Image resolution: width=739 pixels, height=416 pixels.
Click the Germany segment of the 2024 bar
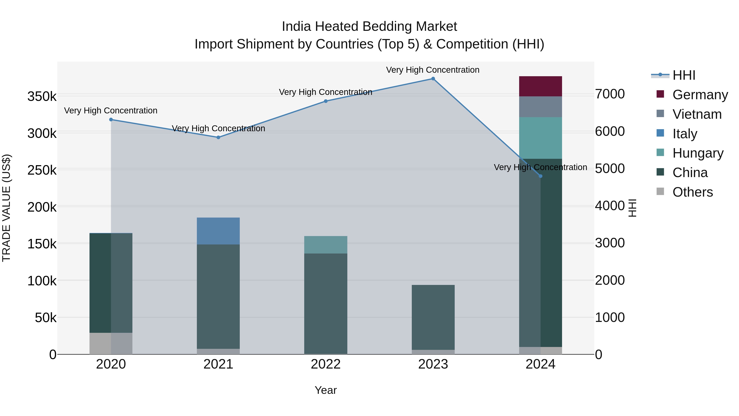pyautogui.click(x=540, y=86)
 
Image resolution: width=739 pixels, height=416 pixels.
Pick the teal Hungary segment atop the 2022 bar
pyautogui.click(x=326, y=245)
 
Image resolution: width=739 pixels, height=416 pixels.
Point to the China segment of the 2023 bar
pyautogui.click(x=433, y=317)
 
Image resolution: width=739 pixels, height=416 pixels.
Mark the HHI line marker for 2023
pyautogui.click(x=433, y=79)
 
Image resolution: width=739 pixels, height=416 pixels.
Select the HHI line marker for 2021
pyautogui.click(x=218, y=137)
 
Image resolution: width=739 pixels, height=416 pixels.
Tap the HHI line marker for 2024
pyautogui.click(x=540, y=176)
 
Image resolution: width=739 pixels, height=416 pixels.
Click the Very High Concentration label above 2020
pyautogui.click(x=111, y=111)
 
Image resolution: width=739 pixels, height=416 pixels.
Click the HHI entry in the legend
pyautogui.click(x=684, y=75)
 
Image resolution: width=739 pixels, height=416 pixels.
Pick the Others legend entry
pyautogui.click(x=692, y=192)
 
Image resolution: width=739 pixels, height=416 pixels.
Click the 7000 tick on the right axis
pyautogui.click(x=610, y=94)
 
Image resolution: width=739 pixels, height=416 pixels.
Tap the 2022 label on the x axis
pyautogui.click(x=326, y=364)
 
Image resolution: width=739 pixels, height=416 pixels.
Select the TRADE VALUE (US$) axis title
pyautogui.click(x=6, y=208)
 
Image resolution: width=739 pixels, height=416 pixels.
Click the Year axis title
pyautogui.click(x=326, y=390)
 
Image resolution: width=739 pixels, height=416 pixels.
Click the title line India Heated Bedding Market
pyautogui.click(x=369, y=27)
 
